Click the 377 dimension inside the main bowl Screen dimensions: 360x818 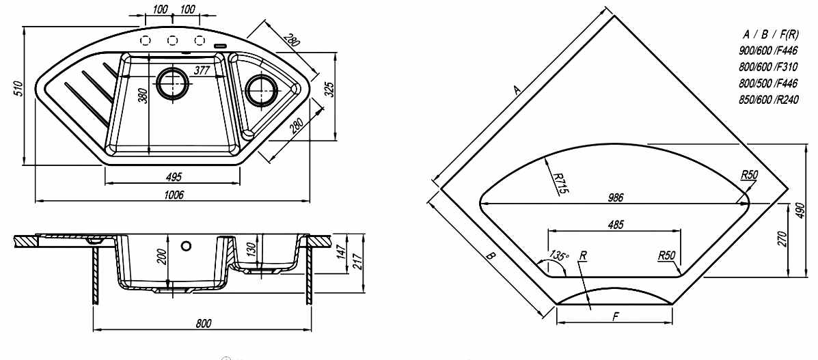201,70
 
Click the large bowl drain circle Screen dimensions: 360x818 172,84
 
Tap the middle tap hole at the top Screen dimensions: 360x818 173,39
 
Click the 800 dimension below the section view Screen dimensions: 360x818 203,322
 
